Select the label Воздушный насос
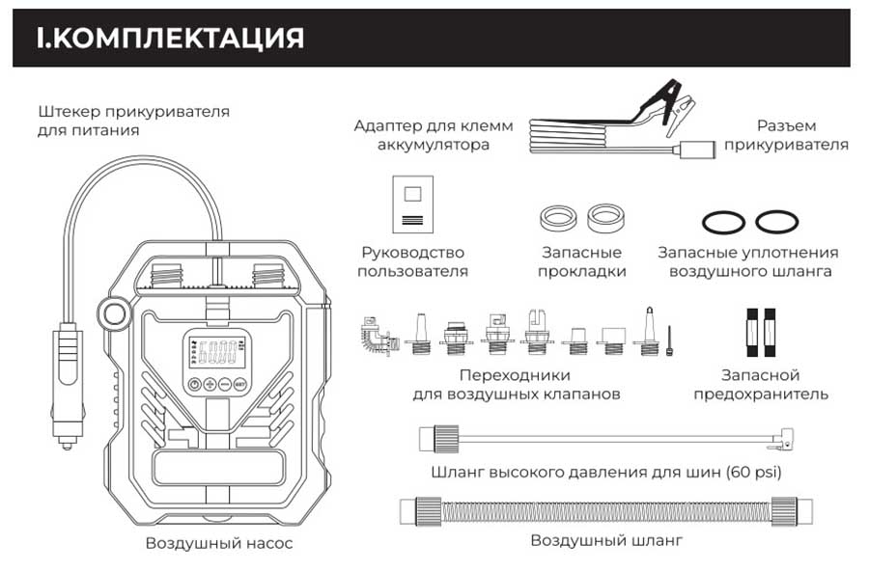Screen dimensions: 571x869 (219, 543)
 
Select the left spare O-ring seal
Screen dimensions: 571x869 (723, 223)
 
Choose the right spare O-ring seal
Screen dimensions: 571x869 (776, 223)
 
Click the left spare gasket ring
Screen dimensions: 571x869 (559, 215)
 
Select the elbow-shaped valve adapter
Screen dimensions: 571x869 (374, 336)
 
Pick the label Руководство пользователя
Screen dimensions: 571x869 (412, 261)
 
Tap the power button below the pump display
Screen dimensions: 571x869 (194, 384)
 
